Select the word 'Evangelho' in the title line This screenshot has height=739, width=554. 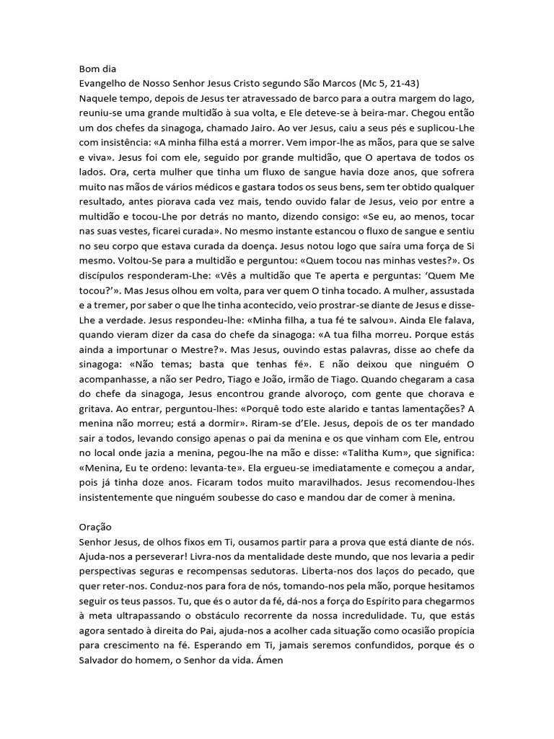(x=105, y=84)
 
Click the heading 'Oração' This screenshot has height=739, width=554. (x=97, y=528)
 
